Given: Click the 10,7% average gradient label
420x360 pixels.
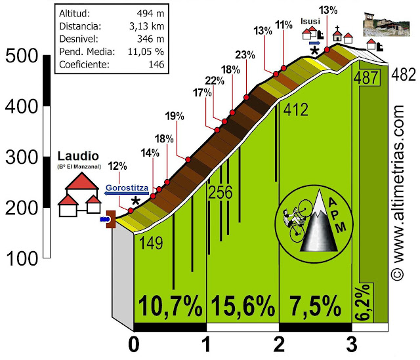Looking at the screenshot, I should click(170, 306).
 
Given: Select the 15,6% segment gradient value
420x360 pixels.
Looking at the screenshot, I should click(242, 306).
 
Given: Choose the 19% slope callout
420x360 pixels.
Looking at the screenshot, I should click(175, 117).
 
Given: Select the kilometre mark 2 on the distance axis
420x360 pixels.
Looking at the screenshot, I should click(280, 344).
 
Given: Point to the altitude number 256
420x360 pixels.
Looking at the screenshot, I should click(221, 192).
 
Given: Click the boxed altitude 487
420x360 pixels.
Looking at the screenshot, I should click(366, 77).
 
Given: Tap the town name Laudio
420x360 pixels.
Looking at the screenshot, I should click(78, 157).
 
